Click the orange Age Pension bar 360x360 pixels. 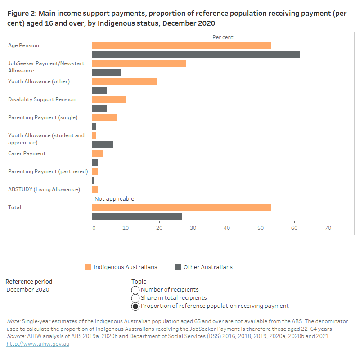181,45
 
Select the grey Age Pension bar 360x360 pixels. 196,54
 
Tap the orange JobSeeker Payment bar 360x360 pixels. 139,63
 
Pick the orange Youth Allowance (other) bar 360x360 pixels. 125,81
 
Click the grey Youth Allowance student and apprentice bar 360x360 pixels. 103,144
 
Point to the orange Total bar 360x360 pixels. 181,207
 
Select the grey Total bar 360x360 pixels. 137,216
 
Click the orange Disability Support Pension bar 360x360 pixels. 109,99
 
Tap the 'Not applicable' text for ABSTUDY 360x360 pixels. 114,199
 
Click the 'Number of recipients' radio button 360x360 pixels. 135,290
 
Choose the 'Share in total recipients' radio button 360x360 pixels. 135,298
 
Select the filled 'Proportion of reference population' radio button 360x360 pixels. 135,306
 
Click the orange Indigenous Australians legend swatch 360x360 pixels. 88,267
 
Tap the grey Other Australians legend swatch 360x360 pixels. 178,267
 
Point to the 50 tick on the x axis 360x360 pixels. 261,228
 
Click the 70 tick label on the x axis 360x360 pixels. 328,228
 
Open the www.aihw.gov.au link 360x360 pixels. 38,344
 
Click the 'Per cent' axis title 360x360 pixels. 223,37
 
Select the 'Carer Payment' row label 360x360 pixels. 27,153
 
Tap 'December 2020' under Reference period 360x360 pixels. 28,290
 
